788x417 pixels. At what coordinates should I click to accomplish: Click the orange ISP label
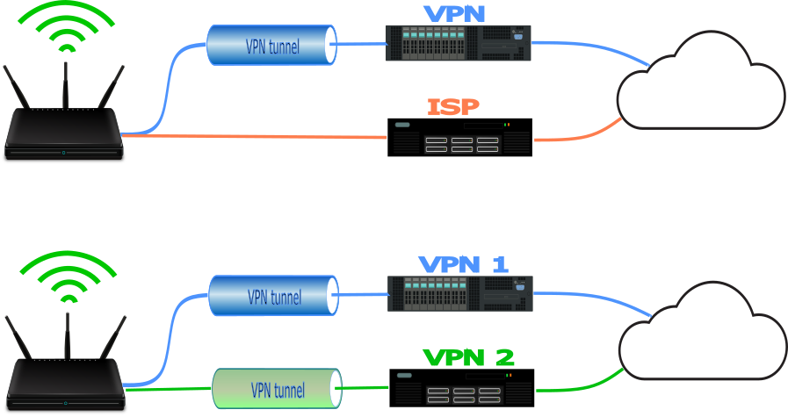[x=453, y=107]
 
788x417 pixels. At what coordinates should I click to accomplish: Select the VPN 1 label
[x=463, y=264]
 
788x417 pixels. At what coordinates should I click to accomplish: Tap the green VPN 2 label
[x=468, y=357]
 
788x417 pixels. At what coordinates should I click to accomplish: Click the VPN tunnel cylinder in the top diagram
[x=272, y=45]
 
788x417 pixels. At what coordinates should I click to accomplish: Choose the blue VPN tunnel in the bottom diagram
[x=274, y=296]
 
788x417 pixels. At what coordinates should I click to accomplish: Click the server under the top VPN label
[x=459, y=43]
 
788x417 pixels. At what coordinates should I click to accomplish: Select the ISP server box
[x=460, y=138]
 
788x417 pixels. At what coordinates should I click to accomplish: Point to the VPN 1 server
[x=460, y=293]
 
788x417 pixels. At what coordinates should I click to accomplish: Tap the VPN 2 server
[x=463, y=387]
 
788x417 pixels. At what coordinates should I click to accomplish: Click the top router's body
[x=63, y=135]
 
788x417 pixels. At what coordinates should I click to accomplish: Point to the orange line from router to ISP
[x=255, y=136]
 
